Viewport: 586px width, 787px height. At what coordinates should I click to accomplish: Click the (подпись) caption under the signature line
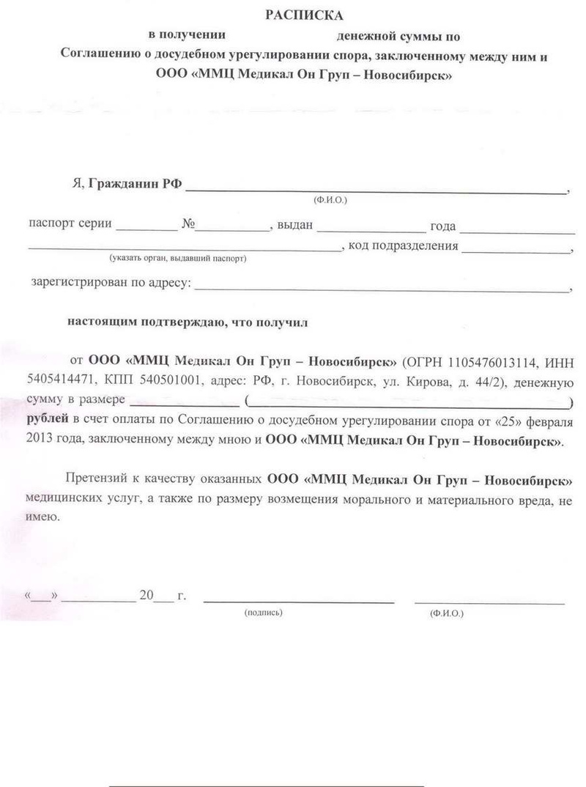263,611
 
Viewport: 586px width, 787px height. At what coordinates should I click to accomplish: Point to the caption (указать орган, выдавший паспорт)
177,259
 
